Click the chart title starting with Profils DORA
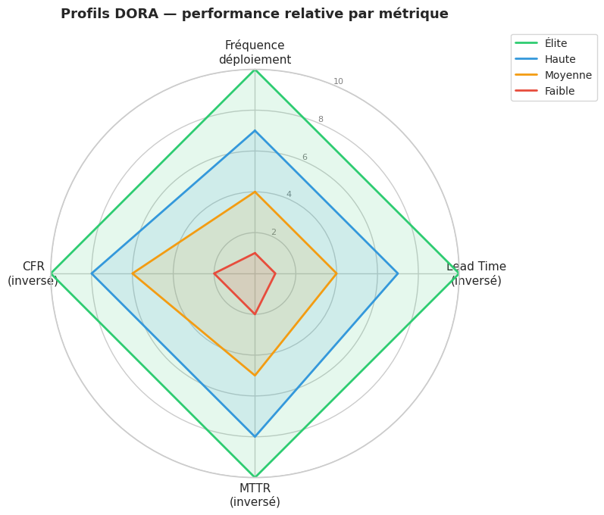coord(254,14)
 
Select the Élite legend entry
coord(555,44)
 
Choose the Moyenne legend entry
coord(568,76)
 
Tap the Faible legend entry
coord(559,92)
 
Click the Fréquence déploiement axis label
coord(255,53)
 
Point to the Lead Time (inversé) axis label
coord(476,273)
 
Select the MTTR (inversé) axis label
coord(255,495)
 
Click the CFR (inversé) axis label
coord(33,273)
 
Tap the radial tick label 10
coord(339,82)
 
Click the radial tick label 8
coord(321,120)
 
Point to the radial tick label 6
coord(305,158)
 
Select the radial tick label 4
coord(289,195)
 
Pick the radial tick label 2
coord(274,233)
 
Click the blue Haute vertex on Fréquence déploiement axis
coord(255,131)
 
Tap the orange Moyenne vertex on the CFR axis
coord(133,273)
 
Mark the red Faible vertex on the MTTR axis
coord(255,314)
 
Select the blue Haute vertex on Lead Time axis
coord(398,273)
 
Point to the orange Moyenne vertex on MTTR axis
coord(255,375)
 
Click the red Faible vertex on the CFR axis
coord(214,273)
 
